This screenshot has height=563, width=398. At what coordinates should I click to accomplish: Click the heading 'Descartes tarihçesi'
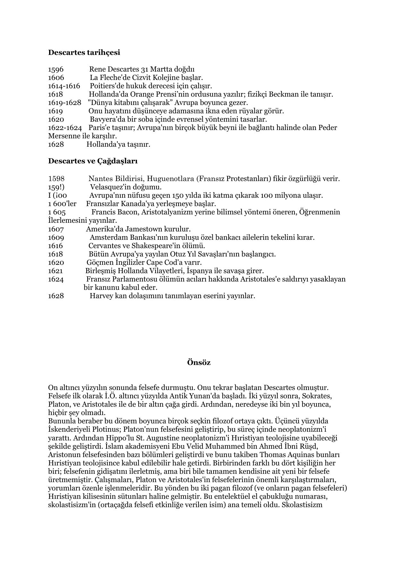tap(84, 52)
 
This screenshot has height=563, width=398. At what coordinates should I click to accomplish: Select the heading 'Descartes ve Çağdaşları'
tap(93, 161)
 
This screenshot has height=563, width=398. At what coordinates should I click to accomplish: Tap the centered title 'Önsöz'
tap(199, 362)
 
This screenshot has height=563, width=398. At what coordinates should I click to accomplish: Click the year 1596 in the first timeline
tap(56, 69)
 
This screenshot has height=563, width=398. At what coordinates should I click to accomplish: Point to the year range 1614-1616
tap(64, 86)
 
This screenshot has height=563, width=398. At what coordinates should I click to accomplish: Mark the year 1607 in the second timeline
tap(56, 229)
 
